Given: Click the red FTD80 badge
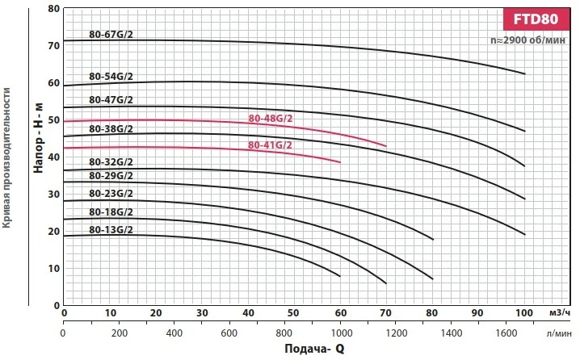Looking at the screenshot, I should point(537,19).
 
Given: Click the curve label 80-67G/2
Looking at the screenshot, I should point(111,35).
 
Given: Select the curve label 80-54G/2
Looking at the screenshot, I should point(111,77).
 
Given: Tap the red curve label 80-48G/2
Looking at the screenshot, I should point(271,119).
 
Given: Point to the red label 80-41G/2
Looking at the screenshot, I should point(270,145).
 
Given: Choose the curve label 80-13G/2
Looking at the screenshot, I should point(111,230).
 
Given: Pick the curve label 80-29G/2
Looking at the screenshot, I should point(111,176).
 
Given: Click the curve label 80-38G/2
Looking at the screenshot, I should point(111,129).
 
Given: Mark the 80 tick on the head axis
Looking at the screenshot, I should point(54,9).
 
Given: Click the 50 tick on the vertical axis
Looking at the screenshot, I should point(54,120).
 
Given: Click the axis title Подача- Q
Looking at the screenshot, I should point(315,350).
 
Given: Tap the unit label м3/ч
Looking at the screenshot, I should point(557,313).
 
